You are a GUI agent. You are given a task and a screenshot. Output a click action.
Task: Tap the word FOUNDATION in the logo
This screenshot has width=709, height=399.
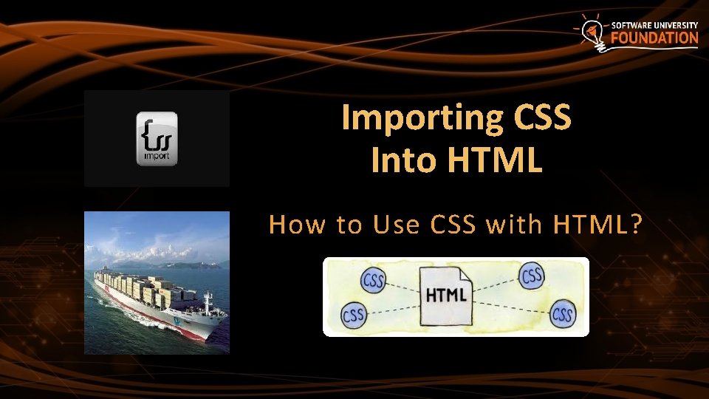pos(654,38)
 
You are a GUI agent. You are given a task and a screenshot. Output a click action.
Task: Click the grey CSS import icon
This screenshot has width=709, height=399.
pos(157,138)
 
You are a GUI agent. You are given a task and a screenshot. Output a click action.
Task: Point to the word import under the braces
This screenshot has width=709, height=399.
pos(157,157)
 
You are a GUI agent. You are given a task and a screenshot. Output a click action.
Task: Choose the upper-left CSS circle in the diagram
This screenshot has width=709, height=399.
pos(374,281)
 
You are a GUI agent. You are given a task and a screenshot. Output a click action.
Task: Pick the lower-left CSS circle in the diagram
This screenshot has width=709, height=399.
pos(354,315)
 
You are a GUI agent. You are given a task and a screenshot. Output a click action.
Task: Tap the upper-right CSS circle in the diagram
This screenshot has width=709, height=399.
pos(532,276)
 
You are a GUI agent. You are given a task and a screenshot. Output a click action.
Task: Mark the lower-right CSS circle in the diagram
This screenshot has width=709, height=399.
pos(563,315)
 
